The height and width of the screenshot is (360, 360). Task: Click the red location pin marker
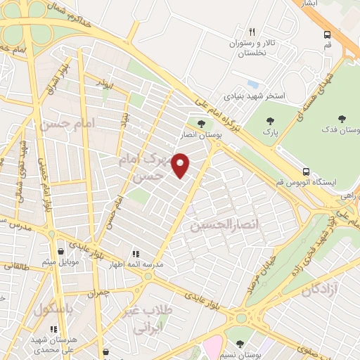[181, 165]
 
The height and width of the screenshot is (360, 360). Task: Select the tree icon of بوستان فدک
[342, 119]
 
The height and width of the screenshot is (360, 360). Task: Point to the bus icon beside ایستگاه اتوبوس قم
[306, 171]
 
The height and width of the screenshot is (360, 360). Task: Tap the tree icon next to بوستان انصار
[202, 124]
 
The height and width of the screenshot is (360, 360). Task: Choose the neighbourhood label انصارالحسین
[219, 225]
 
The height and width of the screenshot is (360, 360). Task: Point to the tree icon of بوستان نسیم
[240, 344]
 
